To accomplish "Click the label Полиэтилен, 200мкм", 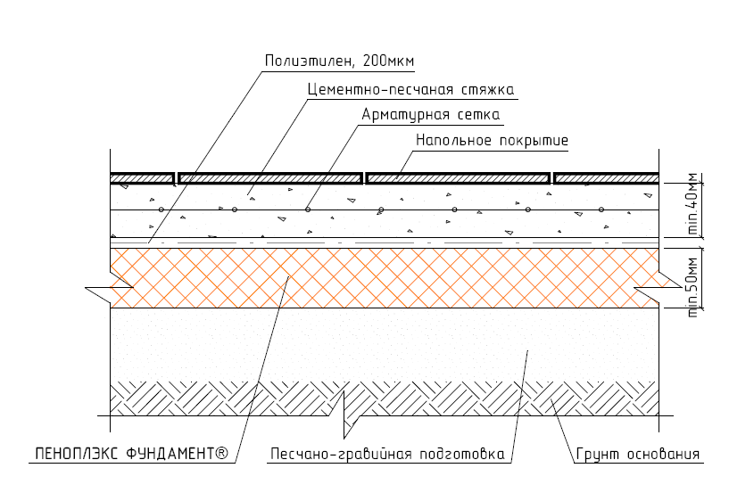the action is pos(339,62).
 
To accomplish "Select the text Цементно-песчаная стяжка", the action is pos(411,89).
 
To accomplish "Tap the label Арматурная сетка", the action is pos(431,114).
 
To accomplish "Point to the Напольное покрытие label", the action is pos(492,140).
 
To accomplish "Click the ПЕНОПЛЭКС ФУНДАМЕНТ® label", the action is pos(132,454).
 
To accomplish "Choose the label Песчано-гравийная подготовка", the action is pos(387,454).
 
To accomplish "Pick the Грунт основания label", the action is pos(638,454).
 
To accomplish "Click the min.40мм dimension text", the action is pos(692,204).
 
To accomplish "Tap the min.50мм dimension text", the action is pos(692,287).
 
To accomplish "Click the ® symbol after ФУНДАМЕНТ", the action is pos(222,453).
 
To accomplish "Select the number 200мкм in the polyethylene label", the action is pos(388,61).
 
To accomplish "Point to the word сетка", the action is pos(479,115).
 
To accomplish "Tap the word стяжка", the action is pos(488,90).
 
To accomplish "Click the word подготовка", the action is pos(462,454).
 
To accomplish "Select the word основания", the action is pos(664,454).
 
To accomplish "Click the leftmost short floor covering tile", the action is pos(142,178).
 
